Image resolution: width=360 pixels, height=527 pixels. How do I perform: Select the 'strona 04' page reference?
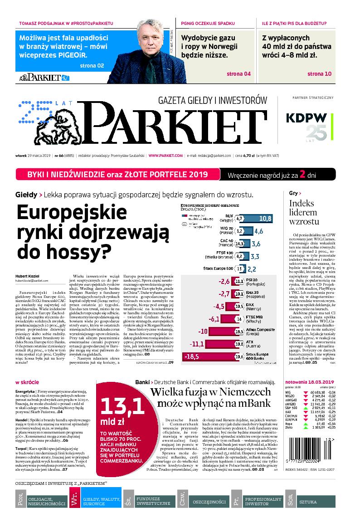tap(238, 74)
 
